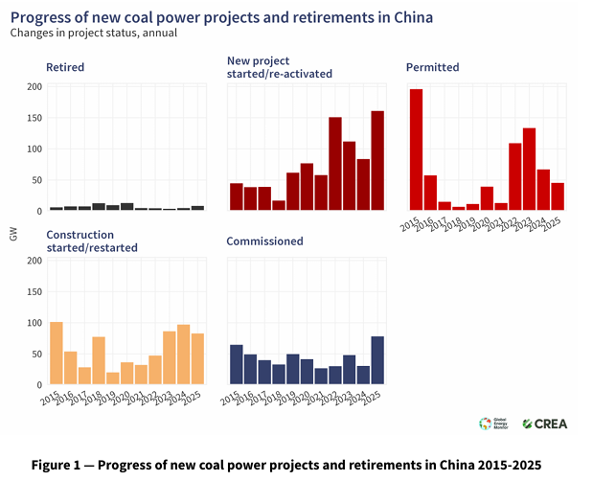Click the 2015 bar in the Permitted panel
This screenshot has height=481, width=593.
(416, 149)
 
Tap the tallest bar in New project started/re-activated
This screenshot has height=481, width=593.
(377, 161)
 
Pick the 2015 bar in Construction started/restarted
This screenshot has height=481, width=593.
(57, 354)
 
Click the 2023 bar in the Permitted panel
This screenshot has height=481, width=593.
(529, 170)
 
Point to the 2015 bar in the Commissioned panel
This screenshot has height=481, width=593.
(237, 365)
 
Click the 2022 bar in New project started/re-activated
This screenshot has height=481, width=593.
(335, 164)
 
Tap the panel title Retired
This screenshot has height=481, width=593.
(65, 67)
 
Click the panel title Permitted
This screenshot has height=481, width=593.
(433, 67)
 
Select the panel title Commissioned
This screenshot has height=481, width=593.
(264, 241)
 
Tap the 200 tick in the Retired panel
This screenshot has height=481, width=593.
(34, 87)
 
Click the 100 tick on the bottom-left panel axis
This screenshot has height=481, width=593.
(34, 323)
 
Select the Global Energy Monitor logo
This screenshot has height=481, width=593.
(492, 424)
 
